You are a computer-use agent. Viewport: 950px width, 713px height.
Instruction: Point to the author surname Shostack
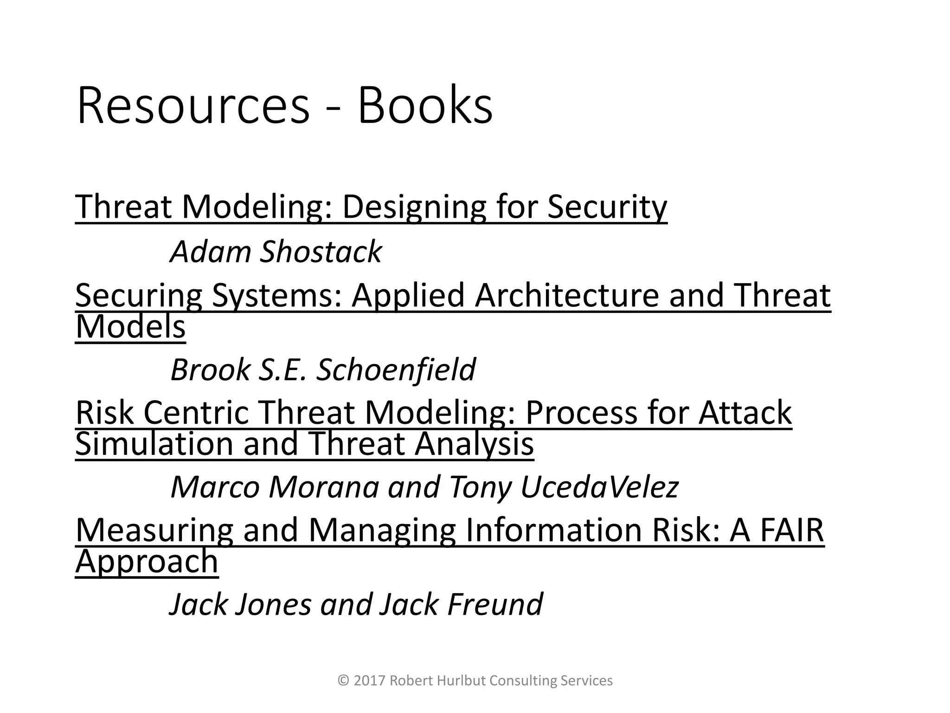pos(321,252)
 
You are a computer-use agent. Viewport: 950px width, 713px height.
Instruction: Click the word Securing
pos(139,296)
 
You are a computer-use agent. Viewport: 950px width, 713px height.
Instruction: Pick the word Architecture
pos(566,296)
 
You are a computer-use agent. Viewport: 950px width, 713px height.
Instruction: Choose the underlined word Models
pos(130,327)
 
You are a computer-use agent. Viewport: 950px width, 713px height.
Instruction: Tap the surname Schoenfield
pos(396,370)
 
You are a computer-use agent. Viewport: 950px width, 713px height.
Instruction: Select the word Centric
pos(196,413)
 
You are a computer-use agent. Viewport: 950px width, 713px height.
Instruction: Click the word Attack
pos(745,413)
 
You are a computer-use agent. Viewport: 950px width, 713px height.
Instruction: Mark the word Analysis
pos(474,444)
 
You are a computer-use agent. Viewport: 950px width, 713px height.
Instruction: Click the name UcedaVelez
pos(599,487)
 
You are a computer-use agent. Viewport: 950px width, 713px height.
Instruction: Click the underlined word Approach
pos(147,561)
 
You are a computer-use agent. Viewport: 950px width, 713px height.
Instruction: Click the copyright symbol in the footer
pos(344,681)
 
